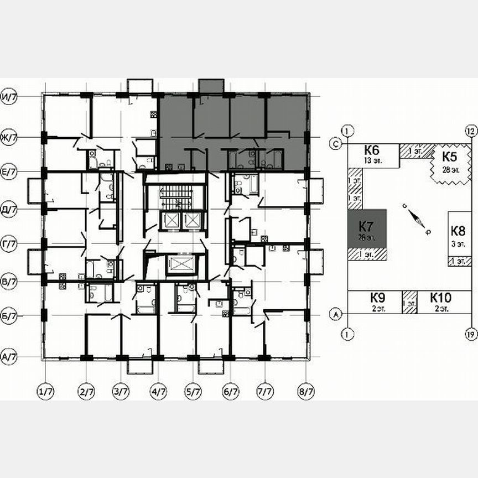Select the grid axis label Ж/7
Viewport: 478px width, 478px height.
coord(10,137)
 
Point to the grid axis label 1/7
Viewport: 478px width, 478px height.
coord(46,392)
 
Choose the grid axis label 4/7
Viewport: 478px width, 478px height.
coord(159,392)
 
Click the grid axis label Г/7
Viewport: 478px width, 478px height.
coord(10,243)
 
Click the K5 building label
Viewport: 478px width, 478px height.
coord(449,155)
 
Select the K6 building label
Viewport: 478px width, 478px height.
coord(371,149)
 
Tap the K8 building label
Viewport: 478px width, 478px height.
coord(458,231)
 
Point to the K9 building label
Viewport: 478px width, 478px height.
coord(378,297)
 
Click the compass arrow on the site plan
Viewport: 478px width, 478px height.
coord(416,218)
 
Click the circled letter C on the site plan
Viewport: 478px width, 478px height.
coord(335,143)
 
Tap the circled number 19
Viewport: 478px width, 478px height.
coord(471,334)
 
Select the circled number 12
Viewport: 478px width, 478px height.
coord(471,131)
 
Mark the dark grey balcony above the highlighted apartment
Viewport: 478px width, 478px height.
coord(211,86)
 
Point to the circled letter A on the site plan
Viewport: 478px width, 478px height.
coord(335,314)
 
